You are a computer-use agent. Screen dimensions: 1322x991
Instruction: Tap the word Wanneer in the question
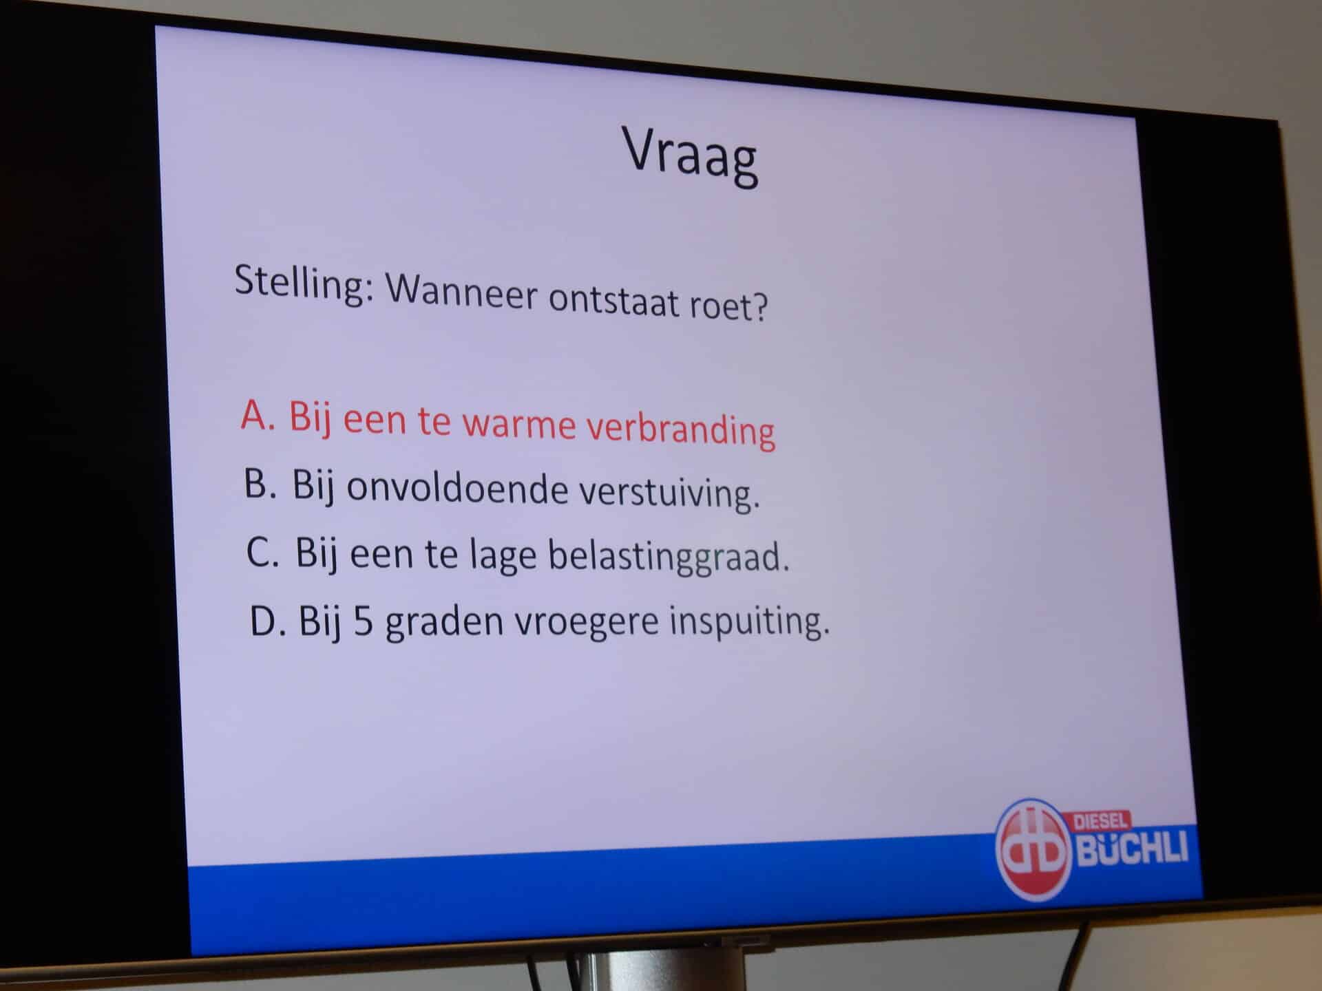click(461, 292)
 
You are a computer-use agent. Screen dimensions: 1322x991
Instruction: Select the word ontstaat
click(614, 301)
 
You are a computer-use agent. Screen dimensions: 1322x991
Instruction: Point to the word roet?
click(728, 306)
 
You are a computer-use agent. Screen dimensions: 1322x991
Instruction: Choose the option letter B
click(260, 483)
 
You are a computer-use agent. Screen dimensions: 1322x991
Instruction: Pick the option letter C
click(263, 551)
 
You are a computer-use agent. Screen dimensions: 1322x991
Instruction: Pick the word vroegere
click(587, 621)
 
